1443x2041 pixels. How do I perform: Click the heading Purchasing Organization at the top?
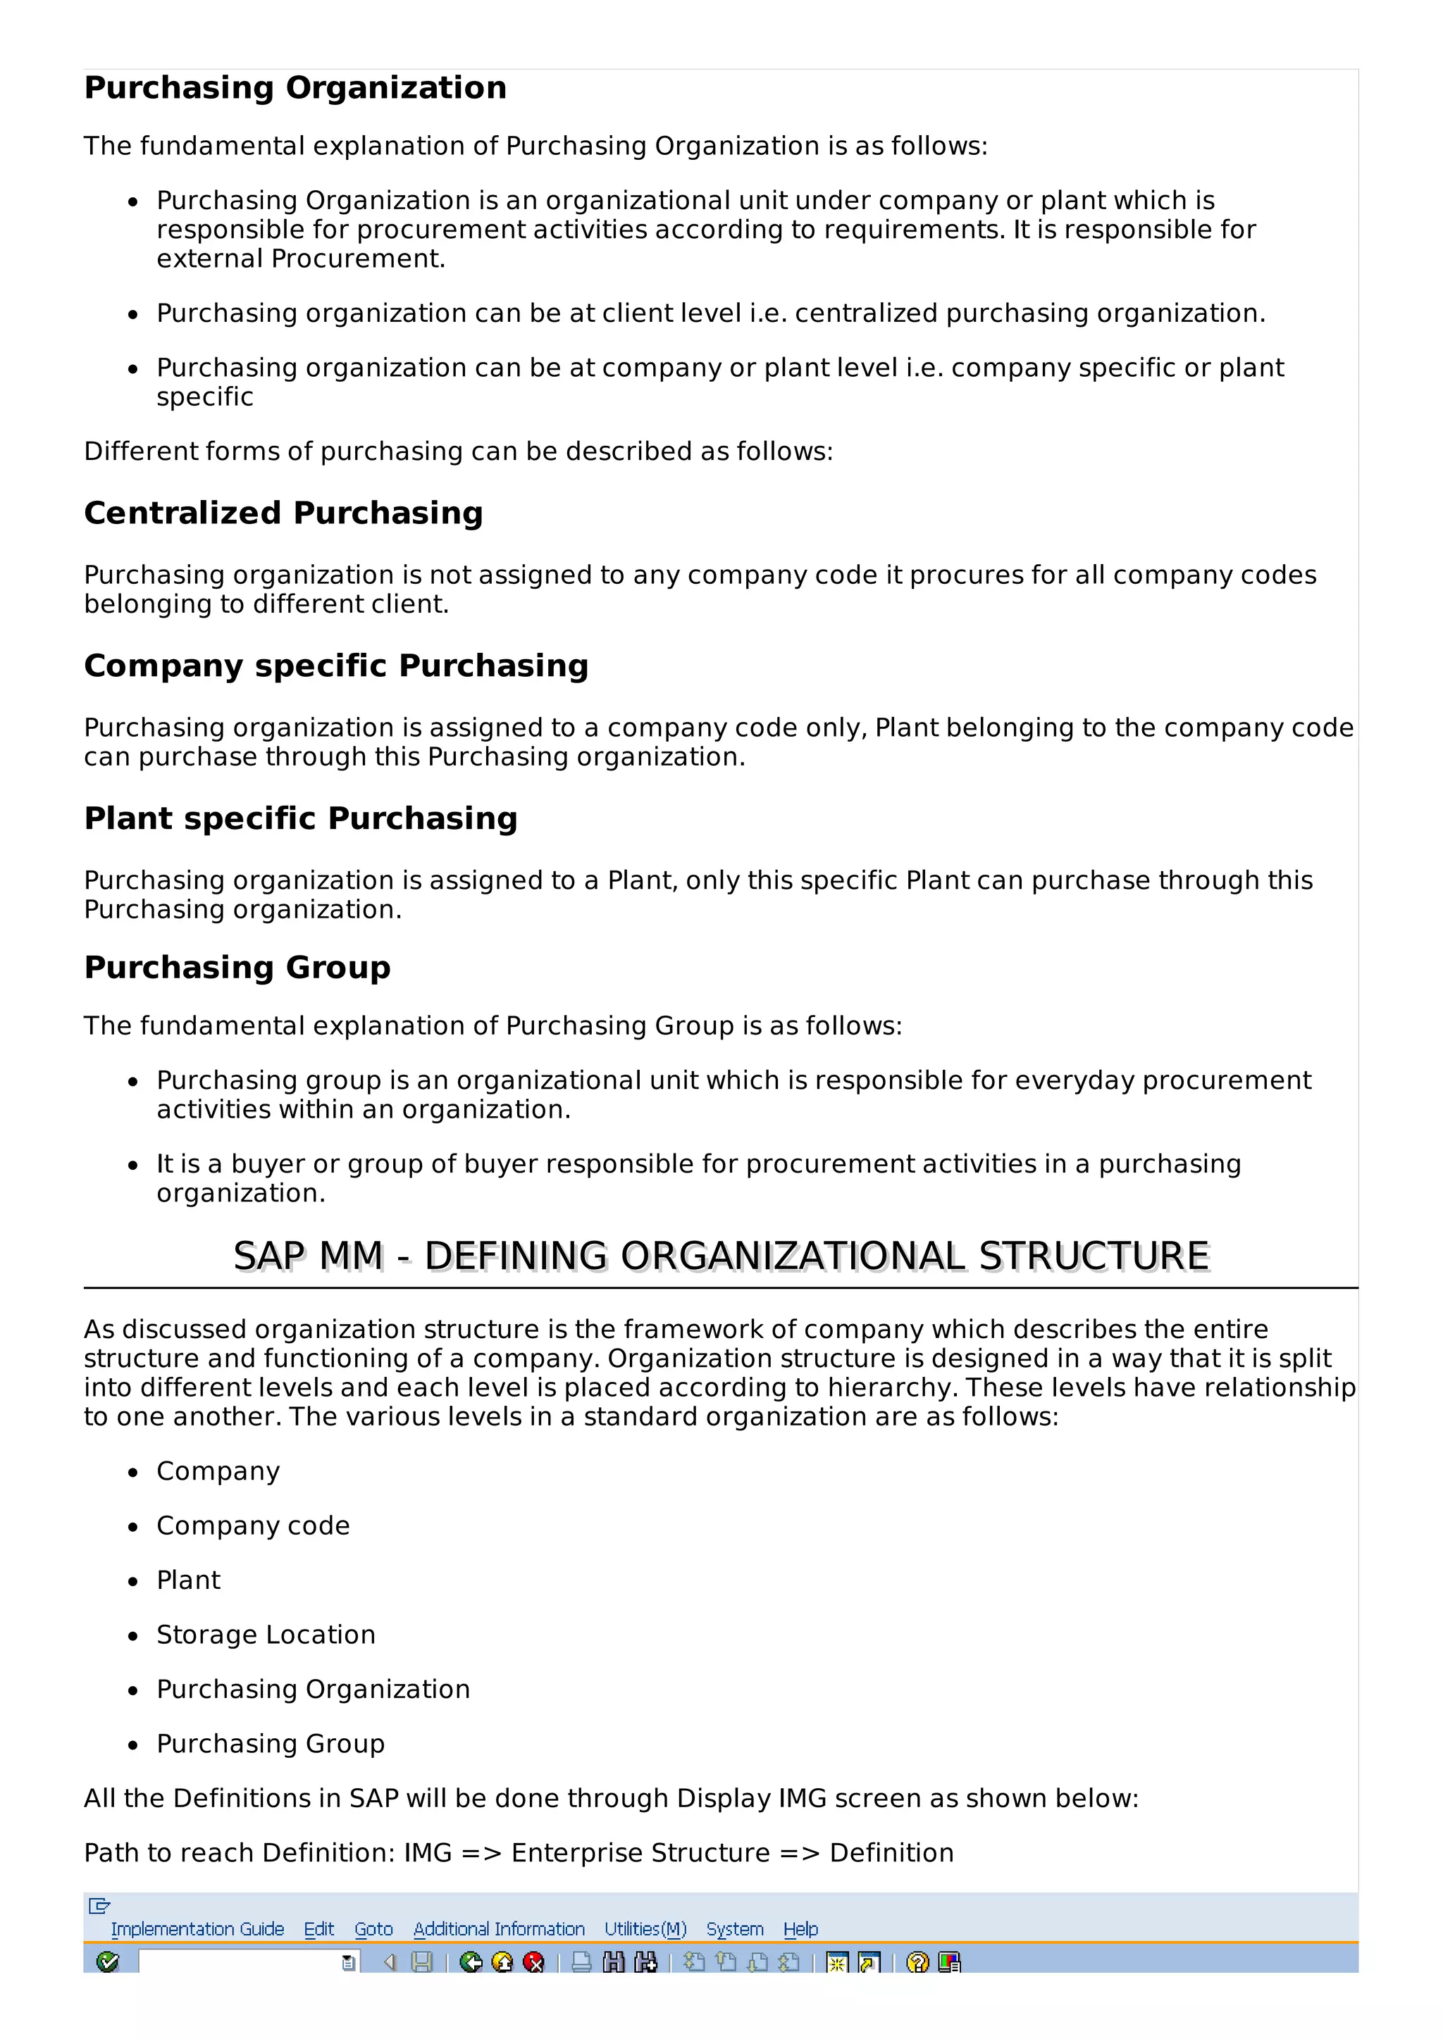(x=295, y=88)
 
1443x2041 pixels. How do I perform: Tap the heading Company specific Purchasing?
(x=336, y=666)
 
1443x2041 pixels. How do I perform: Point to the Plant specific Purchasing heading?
(x=301, y=818)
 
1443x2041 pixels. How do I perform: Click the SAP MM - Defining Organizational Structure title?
(x=721, y=1256)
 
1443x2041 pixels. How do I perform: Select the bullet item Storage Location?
(x=266, y=1635)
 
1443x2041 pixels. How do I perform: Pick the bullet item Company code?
(x=252, y=1525)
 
